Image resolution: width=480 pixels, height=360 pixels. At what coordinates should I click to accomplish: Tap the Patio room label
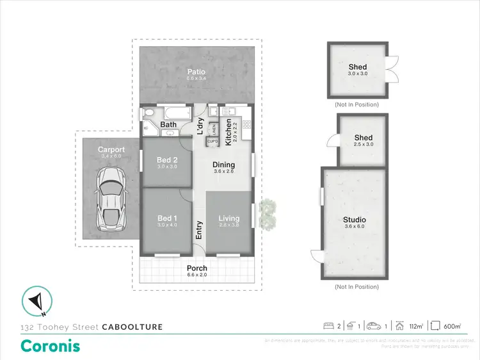tap(196, 71)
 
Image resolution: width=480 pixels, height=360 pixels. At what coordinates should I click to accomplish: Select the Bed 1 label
tap(165, 218)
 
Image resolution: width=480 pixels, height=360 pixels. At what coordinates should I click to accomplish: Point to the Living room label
tap(228, 218)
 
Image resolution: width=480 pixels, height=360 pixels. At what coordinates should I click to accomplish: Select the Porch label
tap(196, 268)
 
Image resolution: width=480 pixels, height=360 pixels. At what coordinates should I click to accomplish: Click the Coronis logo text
tap(51, 346)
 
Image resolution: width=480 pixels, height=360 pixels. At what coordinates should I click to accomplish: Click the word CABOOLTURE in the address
tap(132, 327)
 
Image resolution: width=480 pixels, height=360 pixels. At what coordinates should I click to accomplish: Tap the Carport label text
tap(111, 149)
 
